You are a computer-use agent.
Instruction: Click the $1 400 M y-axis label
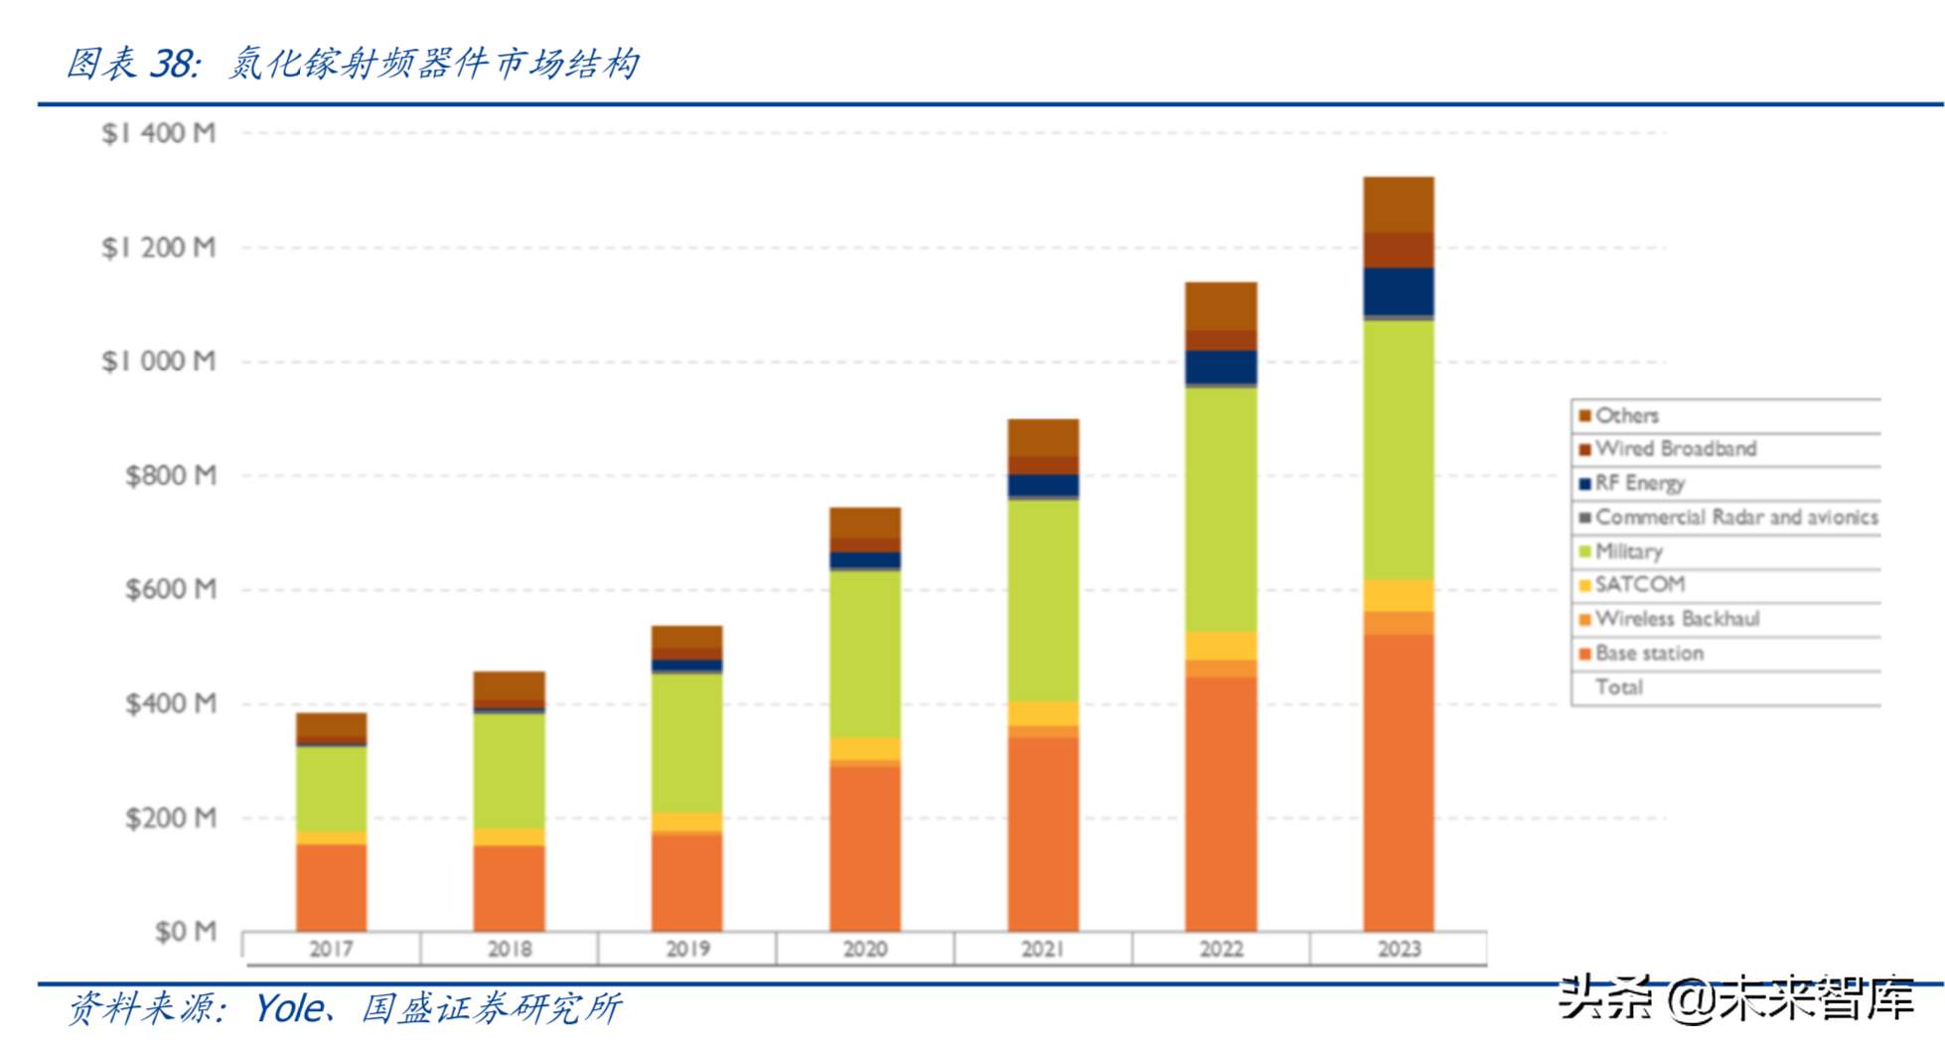tap(158, 133)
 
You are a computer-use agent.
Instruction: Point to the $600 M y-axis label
tap(170, 590)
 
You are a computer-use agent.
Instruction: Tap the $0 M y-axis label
tap(185, 932)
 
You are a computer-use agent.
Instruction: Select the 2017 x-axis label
tap(331, 950)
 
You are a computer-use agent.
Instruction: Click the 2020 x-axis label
tap(864, 950)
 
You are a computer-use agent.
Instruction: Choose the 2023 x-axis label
tap(1399, 950)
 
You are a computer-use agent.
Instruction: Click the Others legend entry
tap(1626, 415)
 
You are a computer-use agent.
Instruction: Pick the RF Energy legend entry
tap(1639, 484)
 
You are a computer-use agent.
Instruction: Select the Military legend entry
tap(1628, 551)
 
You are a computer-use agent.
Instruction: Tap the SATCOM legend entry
tap(1639, 585)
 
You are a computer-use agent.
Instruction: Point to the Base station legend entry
tap(1649, 654)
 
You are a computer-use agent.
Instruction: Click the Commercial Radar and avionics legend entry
tap(1735, 518)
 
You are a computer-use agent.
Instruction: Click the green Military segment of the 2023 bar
tap(1399, 449)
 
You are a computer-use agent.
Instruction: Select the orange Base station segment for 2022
tap(1221, 805)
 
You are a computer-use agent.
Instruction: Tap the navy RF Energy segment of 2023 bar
tap(1399, 291)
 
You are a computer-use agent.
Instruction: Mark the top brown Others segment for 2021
tap(1043, 437)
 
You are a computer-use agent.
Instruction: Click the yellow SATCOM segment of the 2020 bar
tap(864, 749)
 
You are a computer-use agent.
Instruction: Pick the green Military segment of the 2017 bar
tap(331, 789)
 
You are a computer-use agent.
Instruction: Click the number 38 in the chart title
tap(173, 64)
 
